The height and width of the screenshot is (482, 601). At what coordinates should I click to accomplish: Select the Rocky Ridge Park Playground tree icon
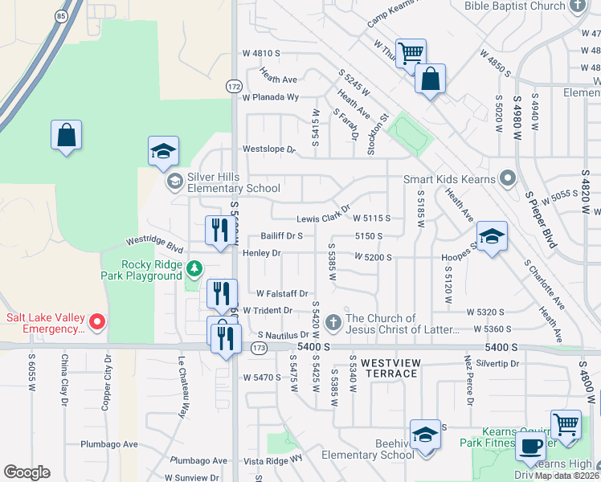pos(193,268)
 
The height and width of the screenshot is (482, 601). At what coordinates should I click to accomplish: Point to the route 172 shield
pos(234,85)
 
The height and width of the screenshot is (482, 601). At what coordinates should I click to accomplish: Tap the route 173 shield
pos(257,347)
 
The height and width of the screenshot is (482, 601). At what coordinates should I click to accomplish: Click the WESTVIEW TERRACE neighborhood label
pos(390,368)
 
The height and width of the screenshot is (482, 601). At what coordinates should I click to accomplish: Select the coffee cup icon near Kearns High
pos(529,447)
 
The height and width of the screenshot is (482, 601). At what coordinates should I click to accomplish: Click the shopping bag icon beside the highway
pos(66,135)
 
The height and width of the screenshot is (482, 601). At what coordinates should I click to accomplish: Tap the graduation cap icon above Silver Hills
pos(163,150)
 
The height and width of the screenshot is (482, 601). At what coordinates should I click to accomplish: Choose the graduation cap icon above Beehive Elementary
pos(425,435)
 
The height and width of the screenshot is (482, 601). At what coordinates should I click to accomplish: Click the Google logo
pos(27,472)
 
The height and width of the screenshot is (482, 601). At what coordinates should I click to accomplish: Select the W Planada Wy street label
pos(271,97)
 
